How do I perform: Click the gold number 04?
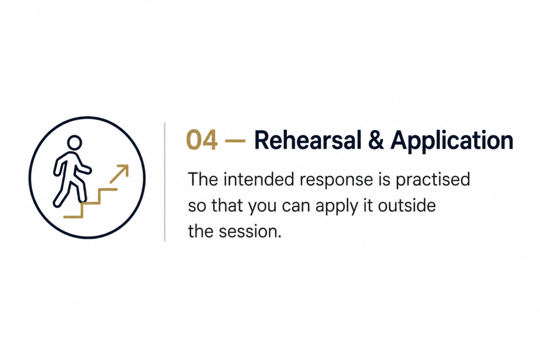coord(202,140)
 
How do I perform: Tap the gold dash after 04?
coord(235,141)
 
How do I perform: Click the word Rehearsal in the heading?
coord(308,140)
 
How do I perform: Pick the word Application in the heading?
coord(452,142)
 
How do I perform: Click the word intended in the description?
coord(259,179)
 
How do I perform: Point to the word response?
coord(336,181)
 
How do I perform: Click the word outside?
coord(407,206)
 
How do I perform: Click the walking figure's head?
coord(74,142)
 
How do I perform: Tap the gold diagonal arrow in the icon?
coord(119,174)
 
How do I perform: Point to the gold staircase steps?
coord(91,203)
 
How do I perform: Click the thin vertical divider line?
coord(165,182)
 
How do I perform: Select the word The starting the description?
coord(203,179)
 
